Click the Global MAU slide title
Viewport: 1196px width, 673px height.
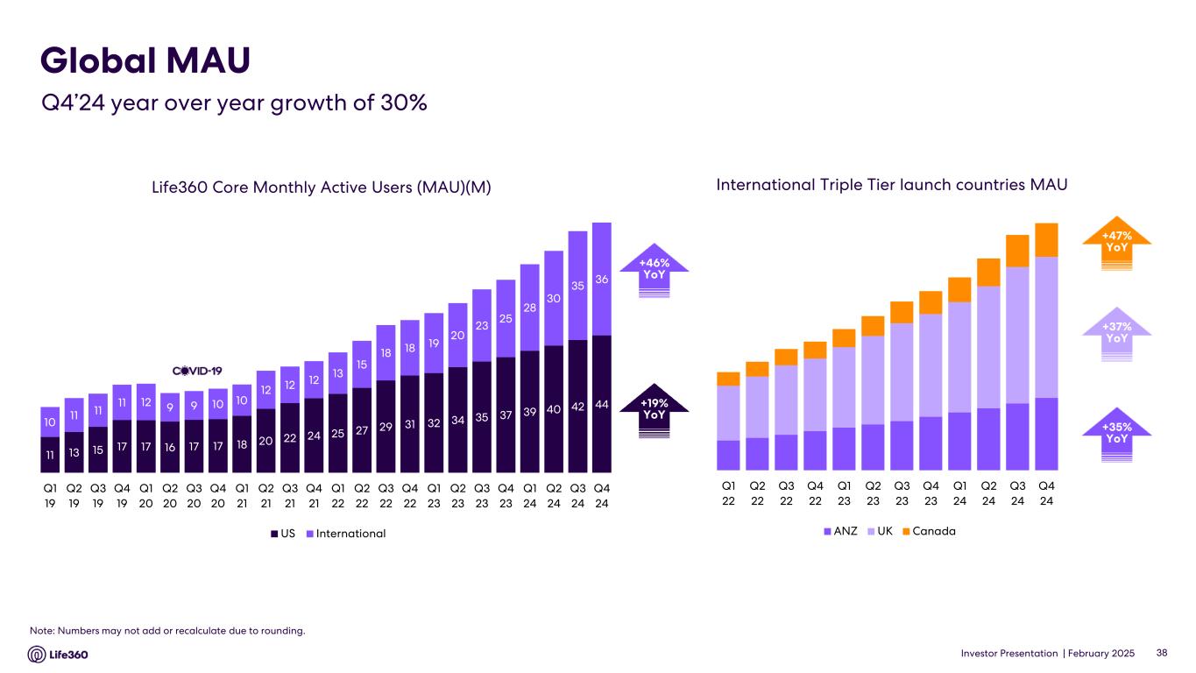pyautogui.click(x=145, y=60)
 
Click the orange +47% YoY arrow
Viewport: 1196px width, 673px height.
pyautogui.click(x=1116, y=241)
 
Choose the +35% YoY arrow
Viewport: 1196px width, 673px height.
pyautogui.click(x=1116, y=433)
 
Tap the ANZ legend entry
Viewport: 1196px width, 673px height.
pyautogui.click(x=840, y=531)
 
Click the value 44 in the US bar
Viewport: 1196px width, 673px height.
pyautogui.click(x=601, y=404)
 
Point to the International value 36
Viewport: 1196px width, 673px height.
pyautogui.click(x=601, y=280)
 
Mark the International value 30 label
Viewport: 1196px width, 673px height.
pyautogui.click(x=554, y=299)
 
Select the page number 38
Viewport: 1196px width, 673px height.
pyautogui.click(x=1162, y=653)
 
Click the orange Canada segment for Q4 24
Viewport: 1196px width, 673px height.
pyautogui.click(x=1046, y=240)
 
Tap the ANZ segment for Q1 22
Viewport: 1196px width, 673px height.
pyautogui.click(x=728, y=455)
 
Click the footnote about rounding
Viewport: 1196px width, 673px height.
pyautogui.click(x=167, y=631)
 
